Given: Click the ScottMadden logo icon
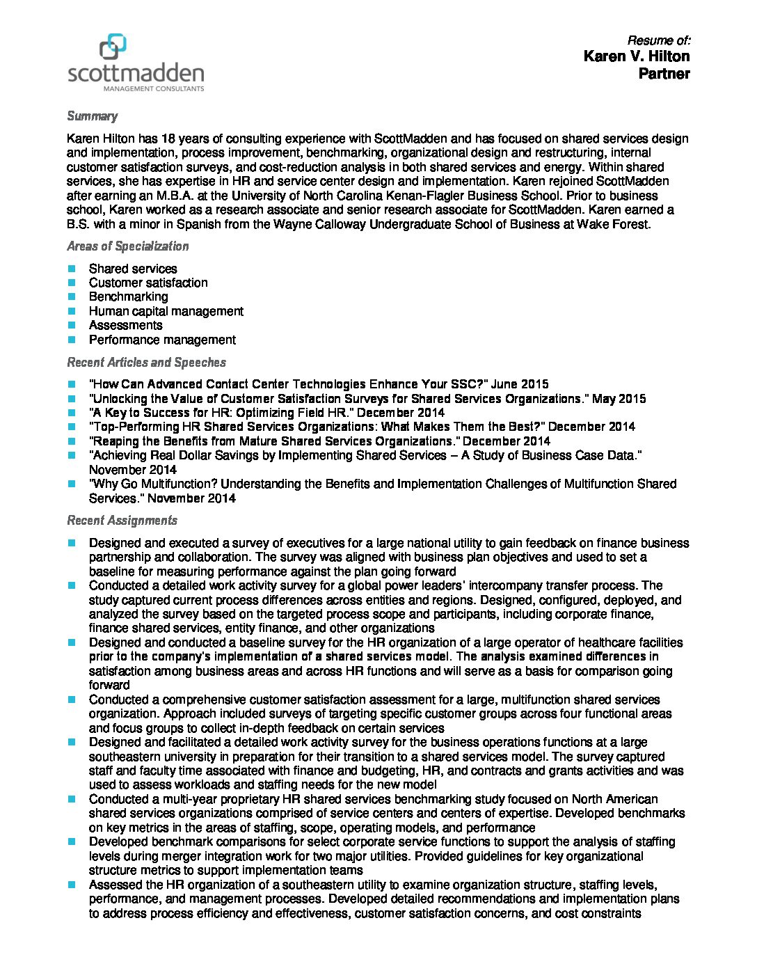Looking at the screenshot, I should click(113, 47).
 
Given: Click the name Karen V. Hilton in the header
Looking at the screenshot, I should click(636, 56).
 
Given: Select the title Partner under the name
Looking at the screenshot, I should click(664, 74).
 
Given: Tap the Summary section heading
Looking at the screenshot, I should click(92, 116).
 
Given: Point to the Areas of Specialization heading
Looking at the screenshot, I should click(127, 246).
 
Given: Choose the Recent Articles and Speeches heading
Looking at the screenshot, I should click(146, 363).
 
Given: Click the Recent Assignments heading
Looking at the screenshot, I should click(122, 521).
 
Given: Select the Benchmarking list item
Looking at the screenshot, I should click(128, 297).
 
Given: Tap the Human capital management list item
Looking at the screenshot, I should click(166, 311).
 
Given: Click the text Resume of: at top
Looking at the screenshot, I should click(658, 40).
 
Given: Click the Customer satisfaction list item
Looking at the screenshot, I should click(148, 283).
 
